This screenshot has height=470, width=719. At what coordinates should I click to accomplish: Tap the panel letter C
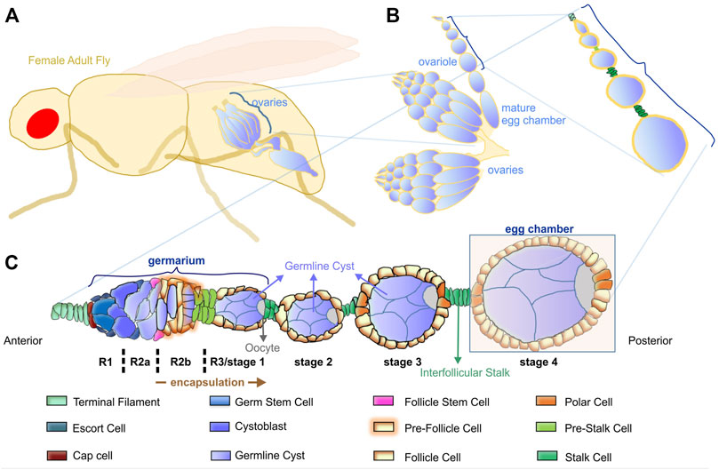12,264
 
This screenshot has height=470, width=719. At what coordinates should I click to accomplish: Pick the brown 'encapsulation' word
198,383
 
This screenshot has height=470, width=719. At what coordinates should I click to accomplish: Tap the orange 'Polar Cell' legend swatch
547,403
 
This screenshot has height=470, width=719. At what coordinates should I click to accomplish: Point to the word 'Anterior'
24,339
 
